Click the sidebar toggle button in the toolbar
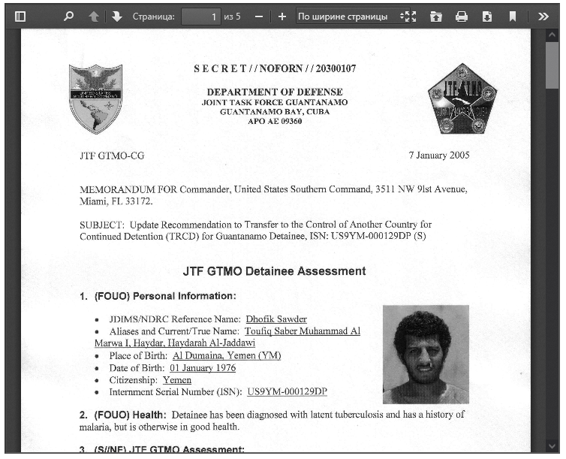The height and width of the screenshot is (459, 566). coord(20,17)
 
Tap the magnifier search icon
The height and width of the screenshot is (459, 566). coord(69,17)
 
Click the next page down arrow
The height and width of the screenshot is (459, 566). coord(116,17)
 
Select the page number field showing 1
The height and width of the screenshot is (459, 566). coord(201,17)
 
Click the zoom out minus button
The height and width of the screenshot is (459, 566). coord(258,17)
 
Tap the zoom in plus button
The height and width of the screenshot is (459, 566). coord(282,17)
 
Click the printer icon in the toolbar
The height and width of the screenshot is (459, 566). coord(462,17)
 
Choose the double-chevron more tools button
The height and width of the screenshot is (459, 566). coord(543,17)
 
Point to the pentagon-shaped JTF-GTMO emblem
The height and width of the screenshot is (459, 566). coord(462,98)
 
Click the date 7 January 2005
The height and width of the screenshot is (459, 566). coord(438,156)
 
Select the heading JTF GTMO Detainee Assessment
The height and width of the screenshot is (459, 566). coord(274,271)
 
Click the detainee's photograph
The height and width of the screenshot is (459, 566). coord(426,354)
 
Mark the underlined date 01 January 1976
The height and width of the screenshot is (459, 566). coord(203,368)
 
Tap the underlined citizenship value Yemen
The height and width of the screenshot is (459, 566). coord(177,380)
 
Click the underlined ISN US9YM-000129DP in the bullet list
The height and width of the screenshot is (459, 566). coord(287,392)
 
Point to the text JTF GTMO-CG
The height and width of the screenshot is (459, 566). coord(112,156)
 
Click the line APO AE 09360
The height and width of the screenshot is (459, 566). coord(274,121)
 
